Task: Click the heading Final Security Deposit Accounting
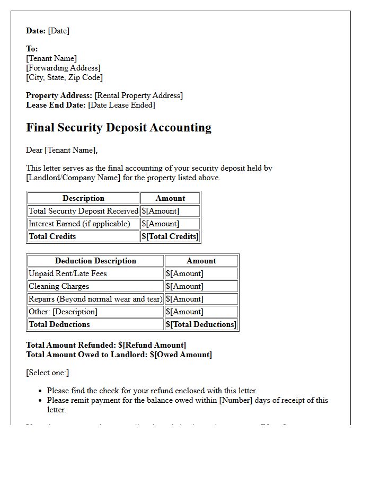[x=119, y=128]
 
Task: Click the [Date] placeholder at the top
[x=58, y=31]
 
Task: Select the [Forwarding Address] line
[x=63, y=68]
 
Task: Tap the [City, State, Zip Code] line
[x=64, y=77]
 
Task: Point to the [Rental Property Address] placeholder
[x=138, y=95]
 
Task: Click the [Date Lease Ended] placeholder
[x=121, y=105]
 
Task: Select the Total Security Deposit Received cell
[x=83, y=211]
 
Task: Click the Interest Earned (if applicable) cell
[x=79, y=224]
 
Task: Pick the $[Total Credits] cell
[x=170, y=236]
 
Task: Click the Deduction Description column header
[x=95, y=261]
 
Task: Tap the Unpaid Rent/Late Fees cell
[x=68, y=273]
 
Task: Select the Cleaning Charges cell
[x=59, y=286]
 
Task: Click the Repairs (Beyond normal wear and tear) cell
[x=95, y=299]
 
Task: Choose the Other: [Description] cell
[x=63, y=312]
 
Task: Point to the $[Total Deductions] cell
[x=201, y=324]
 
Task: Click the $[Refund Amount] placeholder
[x=152, y=345]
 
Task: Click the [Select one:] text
[x=48, y=373]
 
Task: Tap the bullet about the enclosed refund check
[x=152, y=391]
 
